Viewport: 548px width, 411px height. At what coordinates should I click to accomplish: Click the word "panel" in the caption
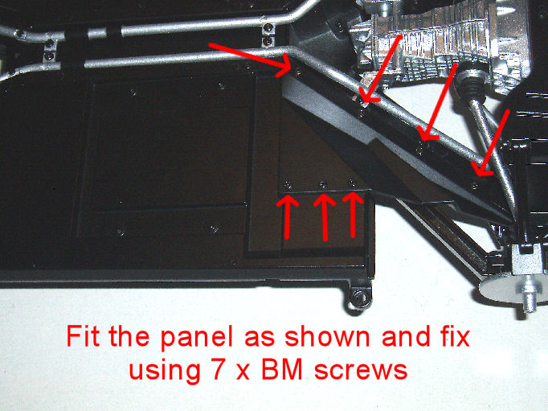click(197, 337)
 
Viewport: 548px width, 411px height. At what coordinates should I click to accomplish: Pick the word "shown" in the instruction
click(327, 335)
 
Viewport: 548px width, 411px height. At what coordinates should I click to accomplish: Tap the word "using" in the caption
click(164, 371)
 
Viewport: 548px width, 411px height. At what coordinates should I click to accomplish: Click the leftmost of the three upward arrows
click(288, 218)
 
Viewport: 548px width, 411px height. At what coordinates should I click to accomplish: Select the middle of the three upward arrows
click(325, 217)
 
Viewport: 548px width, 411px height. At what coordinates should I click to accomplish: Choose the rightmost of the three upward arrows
click(353, 215)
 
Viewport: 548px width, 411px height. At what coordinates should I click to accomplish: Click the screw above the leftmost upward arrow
click(288, 184)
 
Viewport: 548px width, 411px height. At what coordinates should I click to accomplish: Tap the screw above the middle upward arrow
click(323, 184)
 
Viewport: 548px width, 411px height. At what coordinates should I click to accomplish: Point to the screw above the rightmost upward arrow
click(352, 183)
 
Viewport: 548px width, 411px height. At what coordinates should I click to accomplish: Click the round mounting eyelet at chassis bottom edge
click(360, 298)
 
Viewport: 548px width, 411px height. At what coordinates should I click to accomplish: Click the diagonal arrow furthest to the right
click(489, 142)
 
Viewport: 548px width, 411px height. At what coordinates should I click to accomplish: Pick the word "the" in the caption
click(130, 335)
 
